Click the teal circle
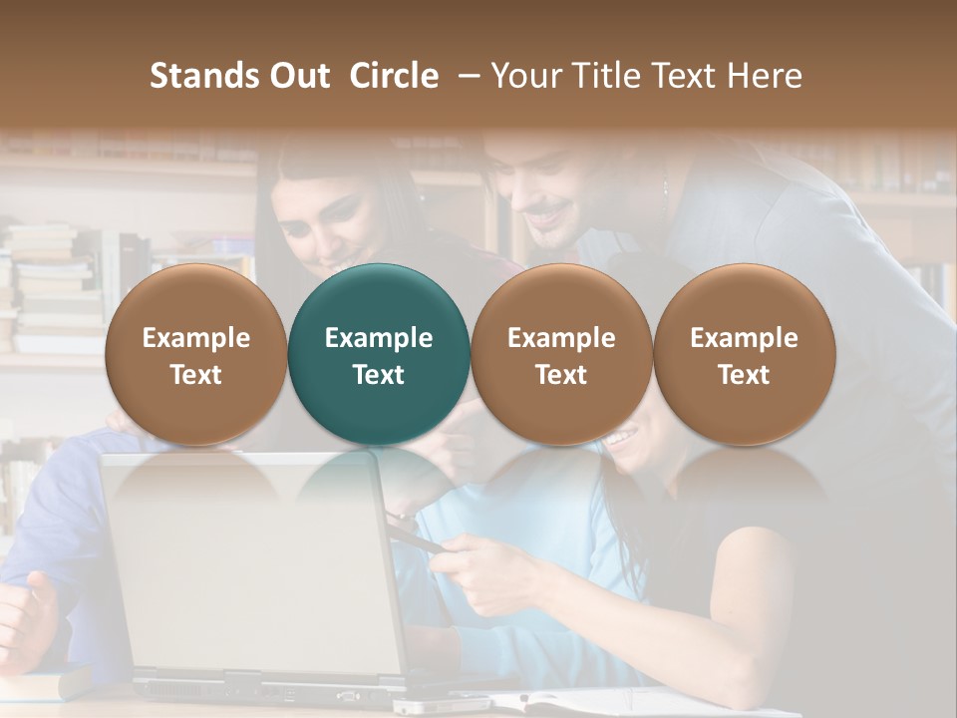point(378,354)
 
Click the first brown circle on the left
point(195,354)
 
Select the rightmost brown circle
point(744,354)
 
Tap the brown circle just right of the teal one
point(561,354)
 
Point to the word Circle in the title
point(394,76)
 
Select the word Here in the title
point(767,76)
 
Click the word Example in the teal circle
point(378,338)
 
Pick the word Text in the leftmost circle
point(195,375)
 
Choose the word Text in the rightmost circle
point(744,375)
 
